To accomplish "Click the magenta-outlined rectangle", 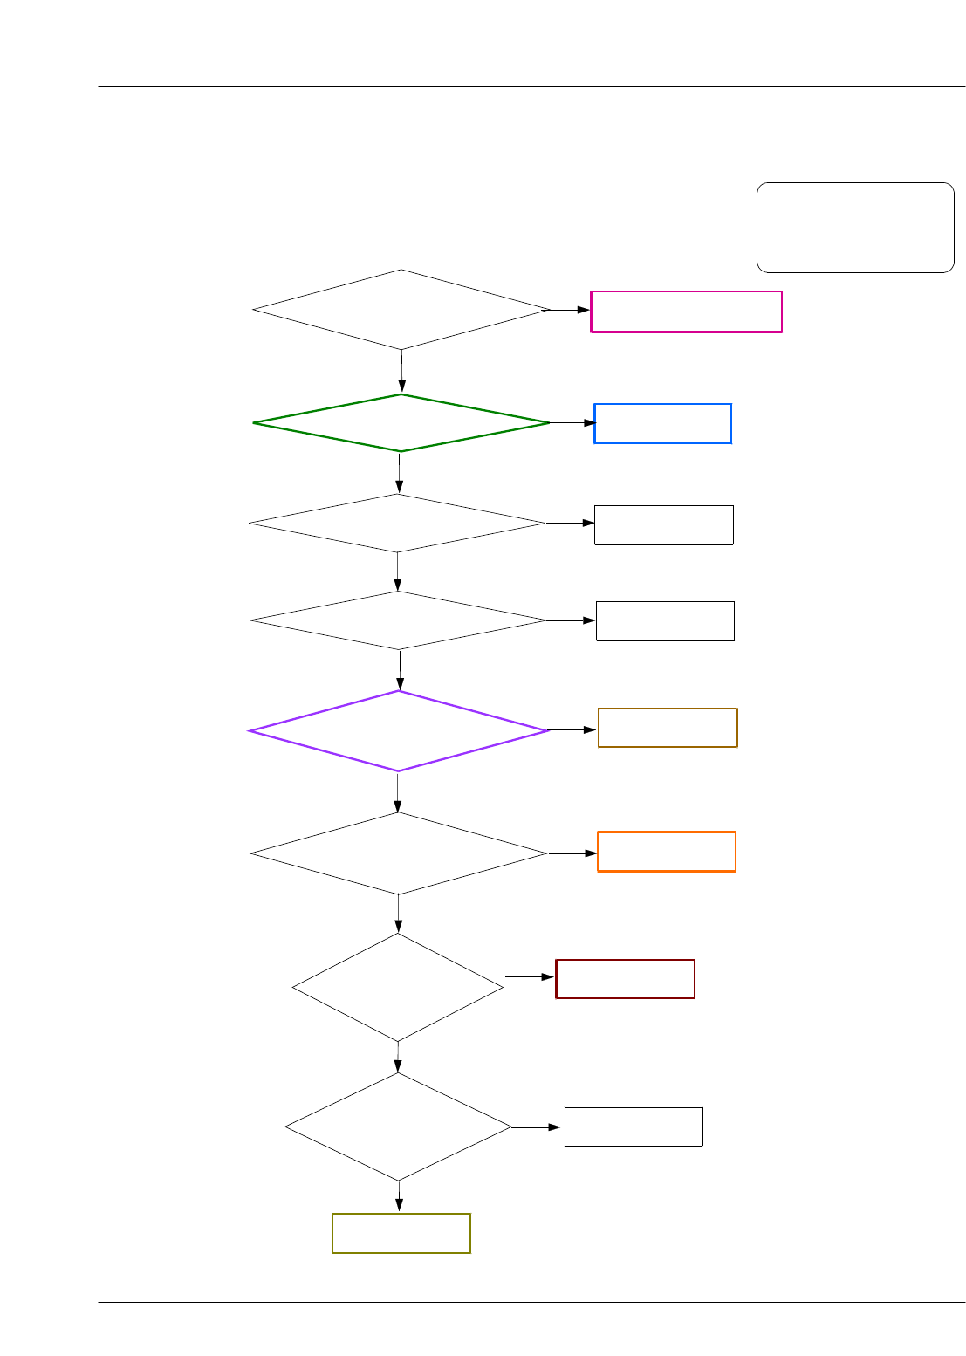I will click(686, 312).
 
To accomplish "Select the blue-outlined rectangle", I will click(662, 423).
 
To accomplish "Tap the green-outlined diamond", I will click(401, 423).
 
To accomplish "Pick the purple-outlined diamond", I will click(399, 731).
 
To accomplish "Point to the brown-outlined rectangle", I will click(668, 728).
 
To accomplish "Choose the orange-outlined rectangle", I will click(667, 852).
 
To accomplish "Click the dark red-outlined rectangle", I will click(625, 979).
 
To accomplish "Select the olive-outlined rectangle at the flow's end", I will click(401, 1233).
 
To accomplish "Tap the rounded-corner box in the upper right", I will click(855, 228).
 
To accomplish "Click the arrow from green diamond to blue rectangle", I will click(572, 423).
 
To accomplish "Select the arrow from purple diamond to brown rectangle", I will click(573, 729).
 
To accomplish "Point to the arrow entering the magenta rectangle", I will click(569, 310).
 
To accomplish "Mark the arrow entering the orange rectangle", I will click(573, 853).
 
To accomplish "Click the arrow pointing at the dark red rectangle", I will click(531, 977).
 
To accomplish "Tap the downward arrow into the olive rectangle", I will click(399, 1197).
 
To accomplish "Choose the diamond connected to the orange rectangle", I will click(399, 853).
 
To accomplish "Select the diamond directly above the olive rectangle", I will click(398, 1127).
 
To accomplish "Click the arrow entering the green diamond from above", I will click(401, 372).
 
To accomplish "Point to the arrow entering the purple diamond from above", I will click(400, 670).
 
